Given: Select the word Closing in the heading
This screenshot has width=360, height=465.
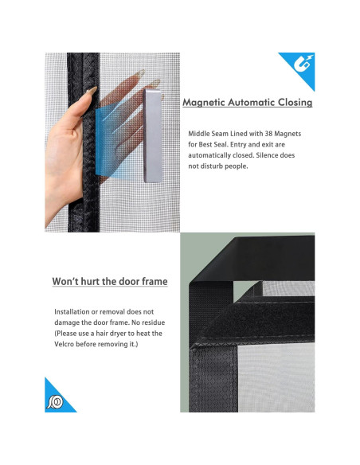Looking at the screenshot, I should (295, 103).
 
